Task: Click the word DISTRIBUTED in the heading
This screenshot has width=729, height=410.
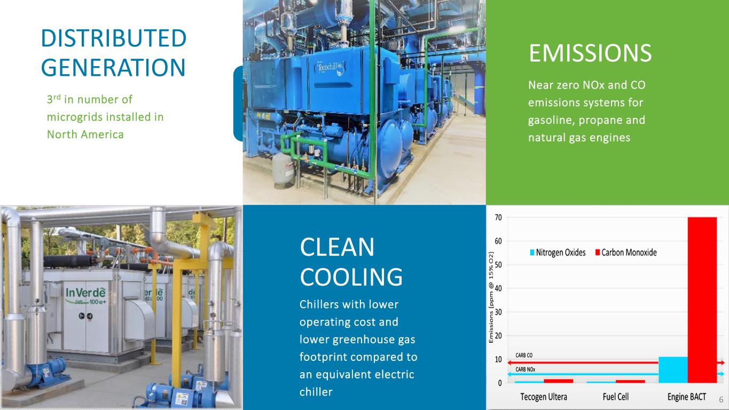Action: click(x=114, y=38)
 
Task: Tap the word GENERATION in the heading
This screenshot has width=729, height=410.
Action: click(x=113, y=67)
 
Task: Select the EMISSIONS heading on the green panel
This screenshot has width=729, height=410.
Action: click(x=590, y=53)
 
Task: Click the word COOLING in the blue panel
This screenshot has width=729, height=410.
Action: click(x=351, y=277)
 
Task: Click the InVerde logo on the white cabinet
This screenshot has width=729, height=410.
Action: click(x=86, y=295)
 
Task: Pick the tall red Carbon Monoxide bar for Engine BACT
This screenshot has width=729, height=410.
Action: click(x=702, y=299)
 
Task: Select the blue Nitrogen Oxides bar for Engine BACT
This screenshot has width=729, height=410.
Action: click(x=673, y=369)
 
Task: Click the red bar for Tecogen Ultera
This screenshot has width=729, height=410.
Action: click(x=559, y=381)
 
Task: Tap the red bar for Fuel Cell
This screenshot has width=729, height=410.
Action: click(x=630, y=381)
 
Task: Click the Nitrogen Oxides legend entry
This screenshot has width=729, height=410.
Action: click(x=558, y=253)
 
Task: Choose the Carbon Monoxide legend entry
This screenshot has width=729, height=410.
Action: click(x=626, y=253)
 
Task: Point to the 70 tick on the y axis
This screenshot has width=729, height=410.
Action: click(x=498, y=217)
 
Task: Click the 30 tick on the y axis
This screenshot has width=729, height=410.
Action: click(x=498, y=312)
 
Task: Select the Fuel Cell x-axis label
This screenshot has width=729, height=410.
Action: click(x=615, y=397)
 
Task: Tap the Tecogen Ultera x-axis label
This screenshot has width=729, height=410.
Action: click(x=544, y=397)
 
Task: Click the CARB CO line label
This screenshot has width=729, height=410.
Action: click(x=524, y=356)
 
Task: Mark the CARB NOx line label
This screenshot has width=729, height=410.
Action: click(x=526, y=369)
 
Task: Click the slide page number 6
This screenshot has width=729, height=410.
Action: click(x=721, y=399)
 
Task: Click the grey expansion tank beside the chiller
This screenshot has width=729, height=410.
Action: click(x=283, y=170)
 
